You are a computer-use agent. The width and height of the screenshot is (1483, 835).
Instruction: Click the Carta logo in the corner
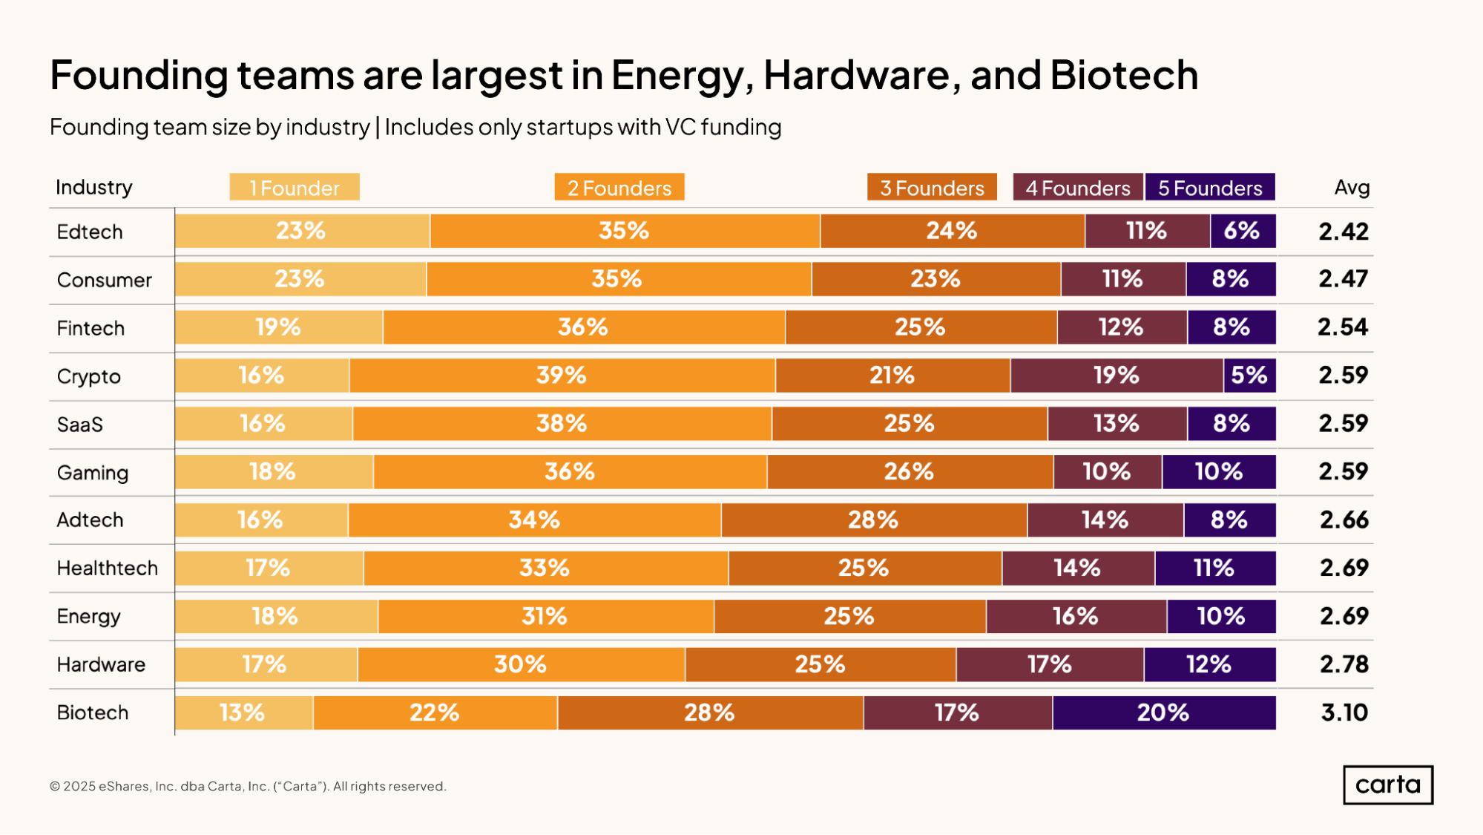coord(1387,785)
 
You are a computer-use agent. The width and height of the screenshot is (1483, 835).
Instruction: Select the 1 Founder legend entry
coord(295,187)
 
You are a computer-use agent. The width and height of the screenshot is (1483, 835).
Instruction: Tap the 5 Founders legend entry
coord(1210,187)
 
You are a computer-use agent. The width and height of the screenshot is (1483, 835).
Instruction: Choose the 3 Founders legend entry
coord(932,187)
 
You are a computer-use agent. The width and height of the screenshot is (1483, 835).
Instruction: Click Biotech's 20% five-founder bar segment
coord(1164,713)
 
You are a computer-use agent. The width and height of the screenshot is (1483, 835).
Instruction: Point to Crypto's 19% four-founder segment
coord(1117,376)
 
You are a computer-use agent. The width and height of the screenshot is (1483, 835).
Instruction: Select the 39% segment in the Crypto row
coord(562,376)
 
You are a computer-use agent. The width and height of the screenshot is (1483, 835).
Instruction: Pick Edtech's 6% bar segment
coord(1243,231)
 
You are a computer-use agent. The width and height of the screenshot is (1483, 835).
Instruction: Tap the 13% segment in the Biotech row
coord(244,713)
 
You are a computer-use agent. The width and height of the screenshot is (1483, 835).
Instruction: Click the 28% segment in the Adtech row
coord(874,520)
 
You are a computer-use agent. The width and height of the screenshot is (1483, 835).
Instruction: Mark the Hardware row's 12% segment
coord(1210,664)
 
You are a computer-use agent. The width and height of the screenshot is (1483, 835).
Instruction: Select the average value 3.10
coord(1344,713)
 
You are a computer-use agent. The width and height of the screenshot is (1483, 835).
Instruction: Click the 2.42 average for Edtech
coord(1344,231)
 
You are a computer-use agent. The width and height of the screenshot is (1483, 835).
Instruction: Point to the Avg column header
coord(1352,187)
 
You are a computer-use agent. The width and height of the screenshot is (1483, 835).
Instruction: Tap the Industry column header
coord(94,187)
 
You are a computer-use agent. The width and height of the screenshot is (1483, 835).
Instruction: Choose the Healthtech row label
coord(108,568)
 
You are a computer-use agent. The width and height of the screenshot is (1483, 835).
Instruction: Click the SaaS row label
coord(80,424)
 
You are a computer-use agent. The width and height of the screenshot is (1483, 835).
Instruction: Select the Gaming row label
coord(93,473)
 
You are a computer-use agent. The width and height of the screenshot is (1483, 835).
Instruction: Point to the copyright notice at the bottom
coord(248,786)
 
